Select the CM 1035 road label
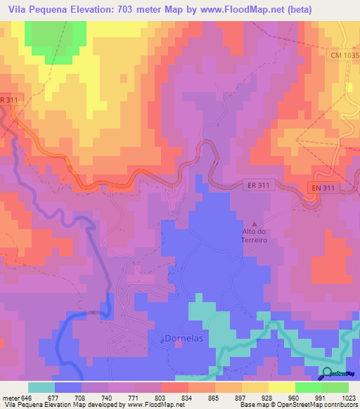pos(342,54)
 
